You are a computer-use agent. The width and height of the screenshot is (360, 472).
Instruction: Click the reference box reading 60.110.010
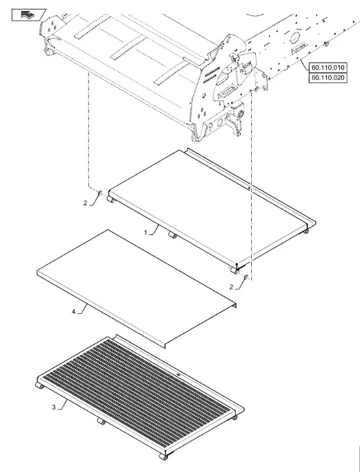pos(328,67)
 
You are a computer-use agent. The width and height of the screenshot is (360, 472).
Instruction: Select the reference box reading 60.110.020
pos(328,78)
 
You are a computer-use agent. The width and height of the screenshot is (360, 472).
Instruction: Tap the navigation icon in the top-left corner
pos(28,15)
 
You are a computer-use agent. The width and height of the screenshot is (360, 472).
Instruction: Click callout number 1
pos(146,232)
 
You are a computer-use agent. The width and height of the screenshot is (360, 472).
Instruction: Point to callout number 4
pos(74,312)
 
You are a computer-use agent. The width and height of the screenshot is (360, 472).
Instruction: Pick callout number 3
pos(53,408)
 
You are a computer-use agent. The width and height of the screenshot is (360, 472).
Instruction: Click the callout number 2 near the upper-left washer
pos(85,203)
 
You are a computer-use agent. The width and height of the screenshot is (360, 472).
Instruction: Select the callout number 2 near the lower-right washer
pos(231,287)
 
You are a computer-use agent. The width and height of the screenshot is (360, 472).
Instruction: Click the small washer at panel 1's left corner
pos(100,193)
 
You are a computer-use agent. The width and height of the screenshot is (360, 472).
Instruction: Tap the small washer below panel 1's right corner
pos(246,277)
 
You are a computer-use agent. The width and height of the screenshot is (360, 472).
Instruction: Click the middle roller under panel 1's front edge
pos(172,234)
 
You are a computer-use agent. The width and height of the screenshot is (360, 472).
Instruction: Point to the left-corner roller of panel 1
pos(111,200)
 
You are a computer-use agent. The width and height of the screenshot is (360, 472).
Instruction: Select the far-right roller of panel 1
pos(306,231)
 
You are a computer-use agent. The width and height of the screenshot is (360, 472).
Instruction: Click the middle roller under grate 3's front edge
pos(101,421)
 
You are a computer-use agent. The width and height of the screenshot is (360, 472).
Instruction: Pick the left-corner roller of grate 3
pos(40,385)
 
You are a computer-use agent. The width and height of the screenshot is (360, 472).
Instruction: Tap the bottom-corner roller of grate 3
pos(163,457)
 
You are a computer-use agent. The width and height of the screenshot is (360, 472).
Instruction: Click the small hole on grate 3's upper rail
pos(178,374)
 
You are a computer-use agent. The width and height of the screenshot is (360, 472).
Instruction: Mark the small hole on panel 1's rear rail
pos(249,189)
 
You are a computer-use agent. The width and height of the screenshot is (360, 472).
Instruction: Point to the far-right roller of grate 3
pos(234,417)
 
